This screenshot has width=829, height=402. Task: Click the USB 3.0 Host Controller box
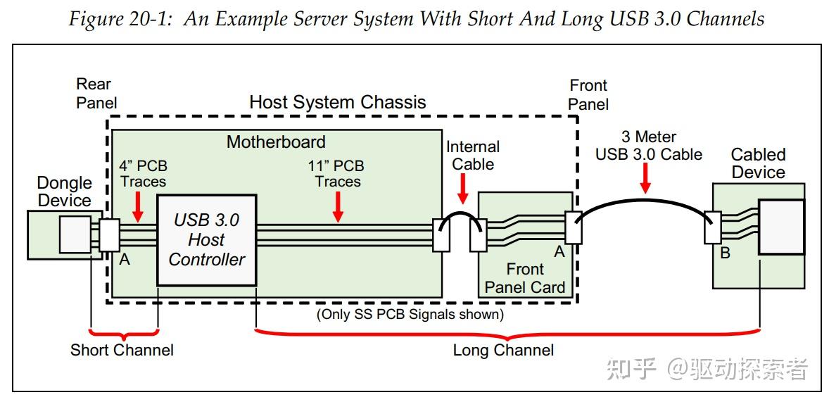[206, 239]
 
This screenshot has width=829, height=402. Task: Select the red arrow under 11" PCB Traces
[338, 207]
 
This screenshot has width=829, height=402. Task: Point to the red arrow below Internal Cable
[462, 189]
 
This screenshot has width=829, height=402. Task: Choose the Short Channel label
[122, 350]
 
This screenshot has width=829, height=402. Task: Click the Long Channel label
[502, 350]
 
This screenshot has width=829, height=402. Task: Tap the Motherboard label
[276, 142]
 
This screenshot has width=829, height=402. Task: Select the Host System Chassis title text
[337, 102]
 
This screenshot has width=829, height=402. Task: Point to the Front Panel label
[588, 94]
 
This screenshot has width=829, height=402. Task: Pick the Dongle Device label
[64, 191]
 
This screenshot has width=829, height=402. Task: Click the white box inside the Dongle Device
[75, 234]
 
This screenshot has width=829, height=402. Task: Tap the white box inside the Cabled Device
[780, 227]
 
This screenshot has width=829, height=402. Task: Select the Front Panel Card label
[525, 278]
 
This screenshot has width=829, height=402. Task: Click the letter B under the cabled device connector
[725, 253]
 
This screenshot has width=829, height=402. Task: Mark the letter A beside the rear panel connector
[125, 260]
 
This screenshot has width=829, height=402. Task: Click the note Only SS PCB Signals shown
[410, 314]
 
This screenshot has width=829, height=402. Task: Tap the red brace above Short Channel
[125, 332]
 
